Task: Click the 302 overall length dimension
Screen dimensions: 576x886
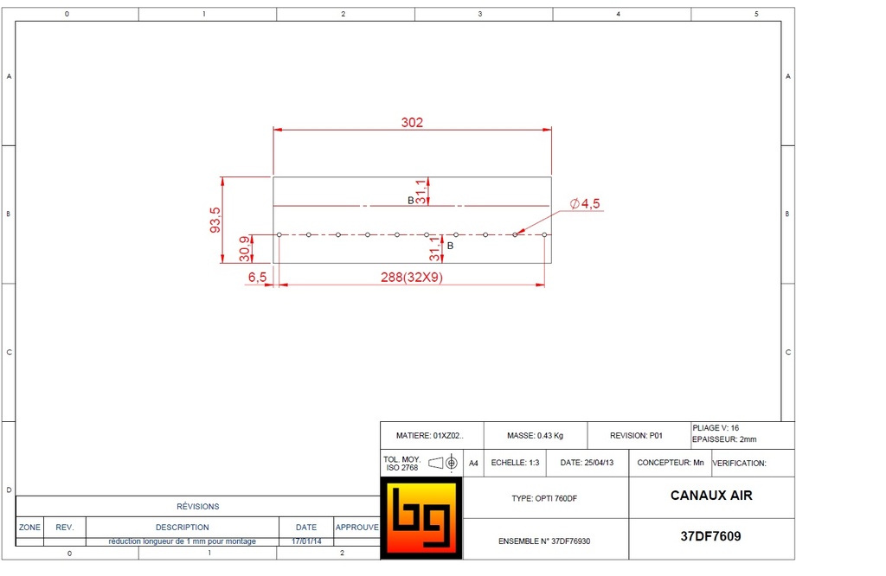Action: [412, 123]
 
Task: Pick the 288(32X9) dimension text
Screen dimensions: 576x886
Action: [413, 278]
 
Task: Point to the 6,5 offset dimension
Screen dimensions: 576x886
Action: [257, 277]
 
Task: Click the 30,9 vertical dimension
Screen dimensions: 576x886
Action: [244, 248]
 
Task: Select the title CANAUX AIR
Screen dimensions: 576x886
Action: [711, 496]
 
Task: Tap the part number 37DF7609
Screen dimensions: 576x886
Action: [711, 536]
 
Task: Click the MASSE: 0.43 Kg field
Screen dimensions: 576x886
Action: [535, 436]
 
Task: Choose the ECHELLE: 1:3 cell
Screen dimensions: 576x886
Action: [515, 463]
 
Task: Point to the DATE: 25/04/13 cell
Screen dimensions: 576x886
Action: [587, 463]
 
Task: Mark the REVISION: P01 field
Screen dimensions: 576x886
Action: [636, 436]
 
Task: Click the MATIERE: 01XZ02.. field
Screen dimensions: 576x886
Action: [429, 436]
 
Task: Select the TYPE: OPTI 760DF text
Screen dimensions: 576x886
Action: [545, 499]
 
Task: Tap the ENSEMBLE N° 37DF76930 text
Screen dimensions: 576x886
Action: [545, 541]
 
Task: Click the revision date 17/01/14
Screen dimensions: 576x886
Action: [306, 541]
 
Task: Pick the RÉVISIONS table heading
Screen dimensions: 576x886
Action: [198, 506]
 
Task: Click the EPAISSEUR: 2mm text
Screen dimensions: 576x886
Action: [725, 439]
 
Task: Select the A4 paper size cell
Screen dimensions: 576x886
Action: [474, 463]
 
